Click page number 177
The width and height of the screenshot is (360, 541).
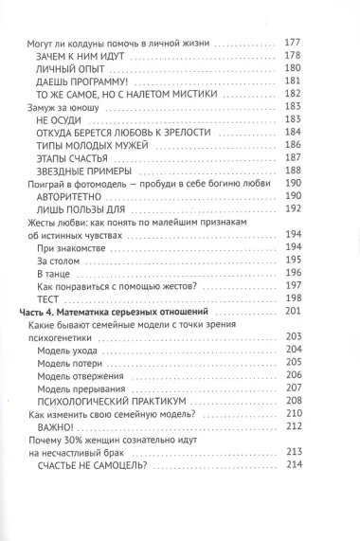coord(293,44)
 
